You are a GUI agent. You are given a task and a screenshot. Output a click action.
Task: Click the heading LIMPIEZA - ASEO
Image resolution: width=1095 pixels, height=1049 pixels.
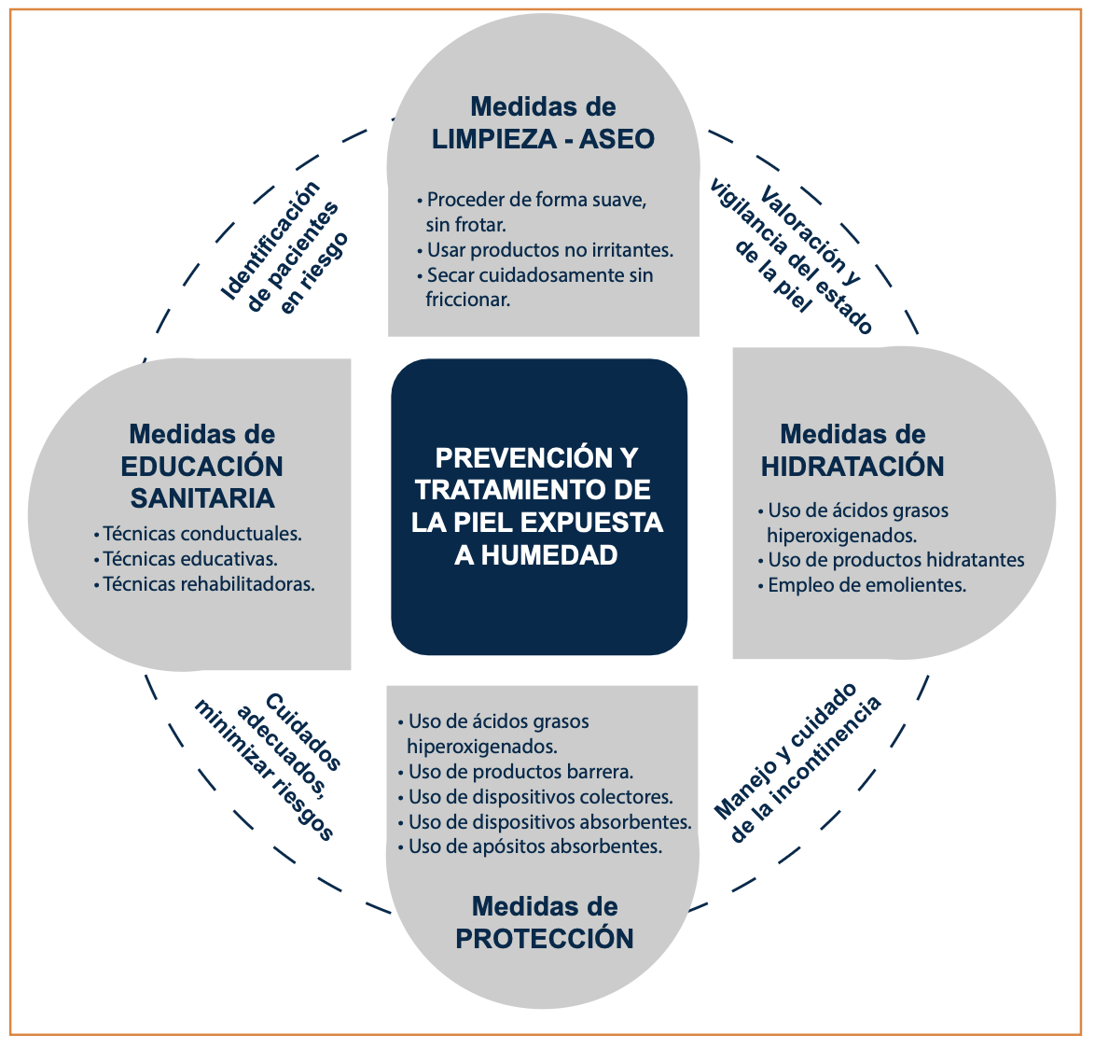[x=543, y=139]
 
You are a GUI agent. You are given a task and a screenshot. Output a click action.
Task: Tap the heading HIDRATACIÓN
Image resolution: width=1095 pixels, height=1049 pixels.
[x=852, y=466]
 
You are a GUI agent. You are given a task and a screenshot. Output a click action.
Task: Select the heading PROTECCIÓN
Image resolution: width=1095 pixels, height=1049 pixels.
[x=545, y=938]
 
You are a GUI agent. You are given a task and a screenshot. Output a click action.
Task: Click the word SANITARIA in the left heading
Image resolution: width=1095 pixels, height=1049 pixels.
[x=202, y=497]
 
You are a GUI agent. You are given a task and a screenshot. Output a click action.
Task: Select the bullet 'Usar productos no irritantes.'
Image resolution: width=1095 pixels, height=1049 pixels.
[x=548, y=250]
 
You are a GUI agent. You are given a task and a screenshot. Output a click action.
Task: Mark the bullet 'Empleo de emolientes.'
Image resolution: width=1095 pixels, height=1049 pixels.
[x=866, y=585]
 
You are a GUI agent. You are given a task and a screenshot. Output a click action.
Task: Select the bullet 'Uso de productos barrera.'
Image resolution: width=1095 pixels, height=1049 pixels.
[x=520, y=772]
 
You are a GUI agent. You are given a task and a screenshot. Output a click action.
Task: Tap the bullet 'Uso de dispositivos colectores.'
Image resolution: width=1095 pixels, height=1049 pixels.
[x=540, y=797]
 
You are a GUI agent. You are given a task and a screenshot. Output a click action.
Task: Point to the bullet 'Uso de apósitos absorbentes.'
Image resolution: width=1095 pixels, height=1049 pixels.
[x=534, y=846]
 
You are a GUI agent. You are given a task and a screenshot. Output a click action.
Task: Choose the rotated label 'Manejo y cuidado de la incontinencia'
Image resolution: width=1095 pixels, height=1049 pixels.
[x=797, y=762]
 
